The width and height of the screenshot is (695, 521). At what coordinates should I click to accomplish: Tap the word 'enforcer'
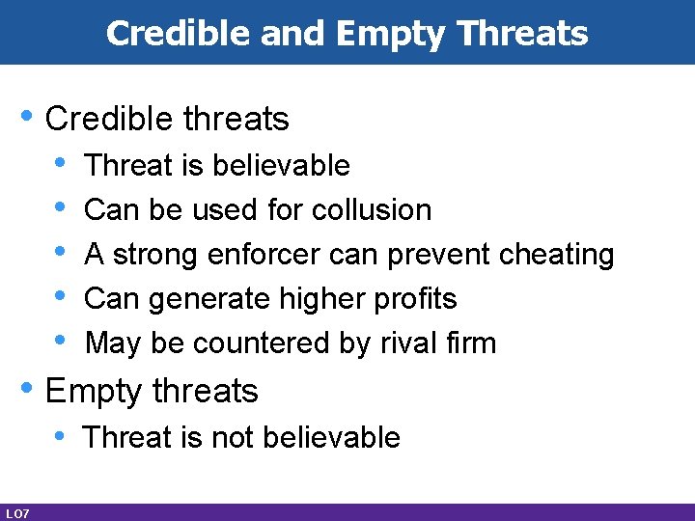pyautogui.click(x=263, y=254)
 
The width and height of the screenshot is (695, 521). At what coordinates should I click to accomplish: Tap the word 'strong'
pyautogui.click(x=154, y=254)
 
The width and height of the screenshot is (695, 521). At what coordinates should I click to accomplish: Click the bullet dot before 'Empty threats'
pyautogui.click(x=27, y=389)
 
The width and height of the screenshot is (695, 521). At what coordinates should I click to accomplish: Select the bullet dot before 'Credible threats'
pyautogui.click(x=27, y=116)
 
